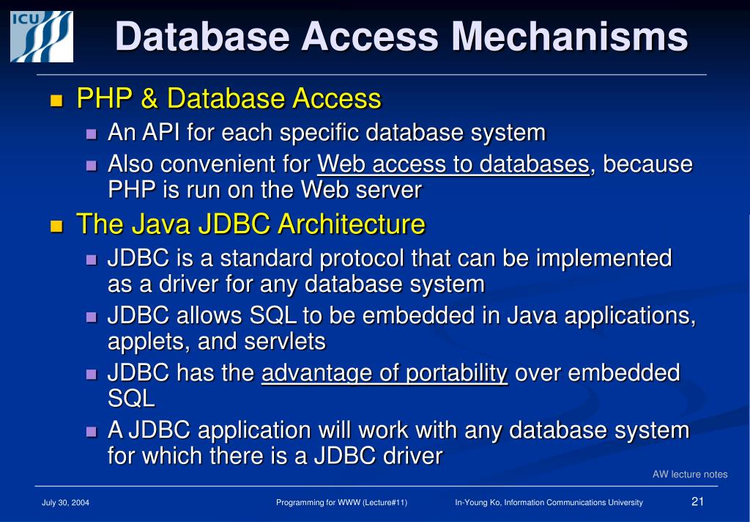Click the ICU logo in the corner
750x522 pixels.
click(41, 35)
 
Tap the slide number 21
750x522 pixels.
click(697, 501)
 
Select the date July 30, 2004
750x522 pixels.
click(66, 502)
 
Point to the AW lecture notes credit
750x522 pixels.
click(690, 474)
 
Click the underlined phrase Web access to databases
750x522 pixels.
click(453, 164)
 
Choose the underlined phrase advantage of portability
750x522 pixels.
click(385, 373)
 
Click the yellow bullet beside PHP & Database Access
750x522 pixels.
click(56, 100)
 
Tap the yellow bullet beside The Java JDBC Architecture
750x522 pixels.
click(56, 225)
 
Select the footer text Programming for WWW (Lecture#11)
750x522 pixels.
click(341, 502)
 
